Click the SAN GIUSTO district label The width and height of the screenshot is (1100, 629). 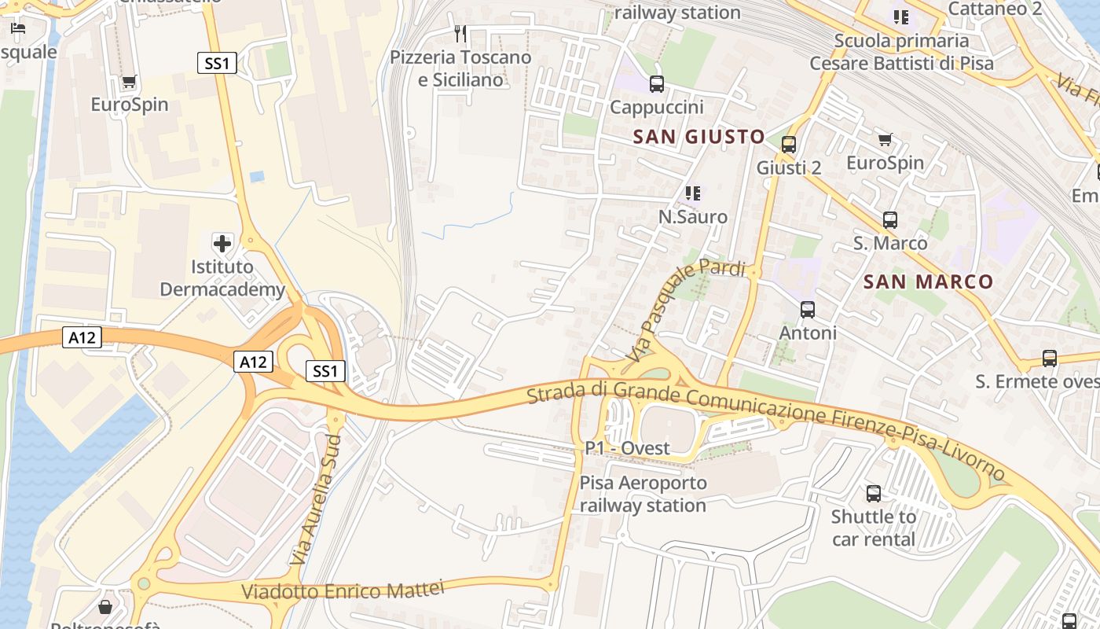coord(698,137)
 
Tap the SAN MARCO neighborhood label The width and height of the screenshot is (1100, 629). coord(928,281)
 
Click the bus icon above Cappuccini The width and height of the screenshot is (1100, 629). coord(657,83)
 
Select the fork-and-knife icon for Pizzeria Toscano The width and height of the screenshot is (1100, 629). coord(461,34)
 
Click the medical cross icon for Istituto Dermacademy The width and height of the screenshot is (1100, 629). coord(223,243)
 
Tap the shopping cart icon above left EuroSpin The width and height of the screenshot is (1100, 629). coord(130,82)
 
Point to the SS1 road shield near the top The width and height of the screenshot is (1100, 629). coord(216,64)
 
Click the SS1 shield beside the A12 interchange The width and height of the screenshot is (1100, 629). coord(325,371)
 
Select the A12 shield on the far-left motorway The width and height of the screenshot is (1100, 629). coord(82,337)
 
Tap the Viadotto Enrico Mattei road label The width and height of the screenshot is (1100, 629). coord(343,590)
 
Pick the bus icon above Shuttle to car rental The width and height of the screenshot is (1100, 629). coord(874,494)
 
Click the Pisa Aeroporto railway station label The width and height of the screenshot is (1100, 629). coord(643,494)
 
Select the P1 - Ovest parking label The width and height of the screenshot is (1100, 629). coord(627,448)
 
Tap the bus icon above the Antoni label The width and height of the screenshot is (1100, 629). coord(808,310)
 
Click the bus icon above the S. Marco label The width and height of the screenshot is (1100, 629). coord(890,220)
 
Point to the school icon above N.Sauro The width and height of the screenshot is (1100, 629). coord(692,193)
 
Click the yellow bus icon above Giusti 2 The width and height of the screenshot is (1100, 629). coord(789,145)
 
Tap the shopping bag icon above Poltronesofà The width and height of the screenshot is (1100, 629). coord(105,607)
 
